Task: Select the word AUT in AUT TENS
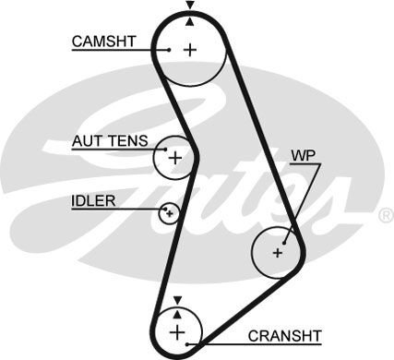coord(86,141)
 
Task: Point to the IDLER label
coord(92,200)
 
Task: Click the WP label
coord(302,155)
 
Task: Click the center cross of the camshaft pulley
coord(190,49)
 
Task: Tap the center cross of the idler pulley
coord(168,214)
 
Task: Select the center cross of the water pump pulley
coord(277,251)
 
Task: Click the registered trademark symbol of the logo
coord(385,215)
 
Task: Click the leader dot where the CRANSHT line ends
coord(190,343)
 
